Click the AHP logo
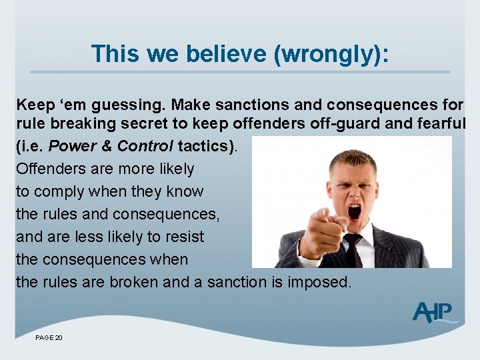[434, 312]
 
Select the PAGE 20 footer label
[49, 339]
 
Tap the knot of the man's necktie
[353, 242]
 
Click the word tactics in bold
[203, 146]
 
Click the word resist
[181, 237]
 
